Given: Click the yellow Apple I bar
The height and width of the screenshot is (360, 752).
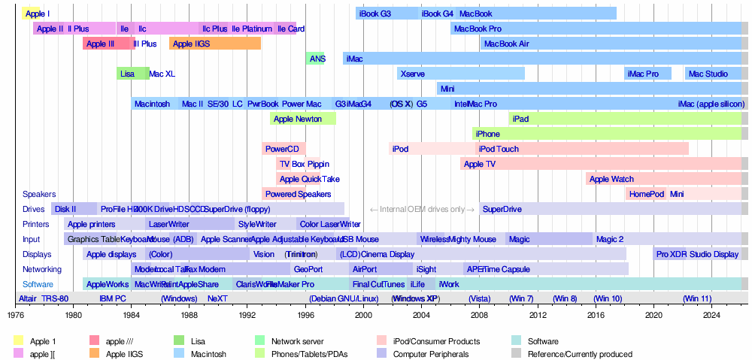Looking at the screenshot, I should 31,14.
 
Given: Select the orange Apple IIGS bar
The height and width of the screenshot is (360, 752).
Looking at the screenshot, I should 215,44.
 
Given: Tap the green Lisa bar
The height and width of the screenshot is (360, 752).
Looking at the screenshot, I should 132,74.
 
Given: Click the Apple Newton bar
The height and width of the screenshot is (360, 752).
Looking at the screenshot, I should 302,119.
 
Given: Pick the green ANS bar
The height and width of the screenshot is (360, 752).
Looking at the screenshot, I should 316,59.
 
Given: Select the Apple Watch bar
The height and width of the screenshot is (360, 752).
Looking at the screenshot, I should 662,179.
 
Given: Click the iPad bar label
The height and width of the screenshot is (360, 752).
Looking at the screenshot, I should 520,119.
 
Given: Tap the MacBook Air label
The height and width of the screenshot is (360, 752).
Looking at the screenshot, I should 506,44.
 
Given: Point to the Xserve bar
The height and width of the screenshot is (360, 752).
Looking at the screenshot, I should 460,74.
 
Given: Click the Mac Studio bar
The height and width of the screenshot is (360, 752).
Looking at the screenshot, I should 712,74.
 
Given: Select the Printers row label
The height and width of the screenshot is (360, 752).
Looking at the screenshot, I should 36,224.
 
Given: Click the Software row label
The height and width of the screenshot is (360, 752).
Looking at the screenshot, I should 38,284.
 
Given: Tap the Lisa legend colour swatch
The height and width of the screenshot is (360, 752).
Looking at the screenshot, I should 179,341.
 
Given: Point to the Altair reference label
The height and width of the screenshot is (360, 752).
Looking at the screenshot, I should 27,298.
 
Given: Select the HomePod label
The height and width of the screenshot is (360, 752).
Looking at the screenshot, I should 647,194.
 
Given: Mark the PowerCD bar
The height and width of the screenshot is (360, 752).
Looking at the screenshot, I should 283,149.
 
